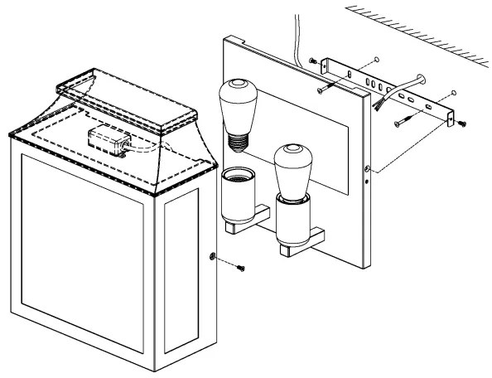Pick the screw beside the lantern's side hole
(239, 269)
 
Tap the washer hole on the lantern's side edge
(214, 256)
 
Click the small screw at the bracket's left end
(311, 61)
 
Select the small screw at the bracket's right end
(461, 123)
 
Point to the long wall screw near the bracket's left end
(325, 85)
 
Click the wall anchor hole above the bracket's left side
(375, 59)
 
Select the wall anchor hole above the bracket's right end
(455, 92)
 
